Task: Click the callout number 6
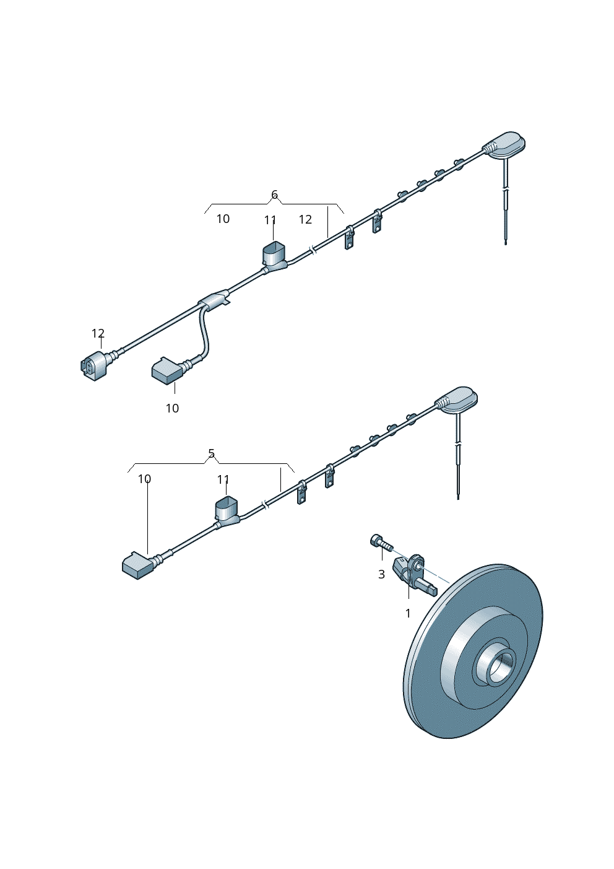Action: [274, 194]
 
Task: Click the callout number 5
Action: [211, 453]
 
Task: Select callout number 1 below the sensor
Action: [408, 613]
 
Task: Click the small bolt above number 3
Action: [381, 541]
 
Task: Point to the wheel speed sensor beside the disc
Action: [413, 574]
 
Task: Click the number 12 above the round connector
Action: [98, 333]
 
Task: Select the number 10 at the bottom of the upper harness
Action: [173, 408]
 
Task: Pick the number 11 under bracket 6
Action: [270, 221]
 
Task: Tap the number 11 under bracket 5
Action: [223, 480]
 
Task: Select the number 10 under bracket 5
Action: [144, 479]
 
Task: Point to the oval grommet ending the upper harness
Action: [504, 146]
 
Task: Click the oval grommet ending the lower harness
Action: [457, 400]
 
